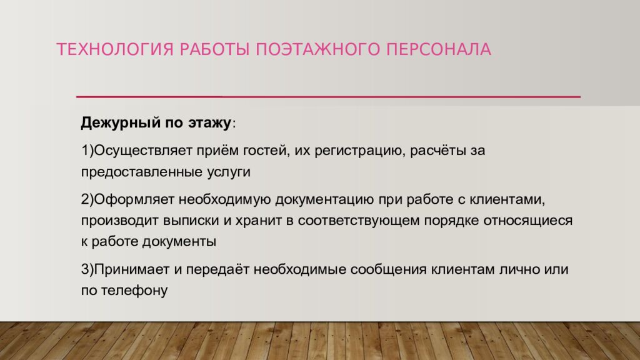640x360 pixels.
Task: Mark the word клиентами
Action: (511, 201)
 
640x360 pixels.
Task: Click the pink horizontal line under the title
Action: (328, 97)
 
